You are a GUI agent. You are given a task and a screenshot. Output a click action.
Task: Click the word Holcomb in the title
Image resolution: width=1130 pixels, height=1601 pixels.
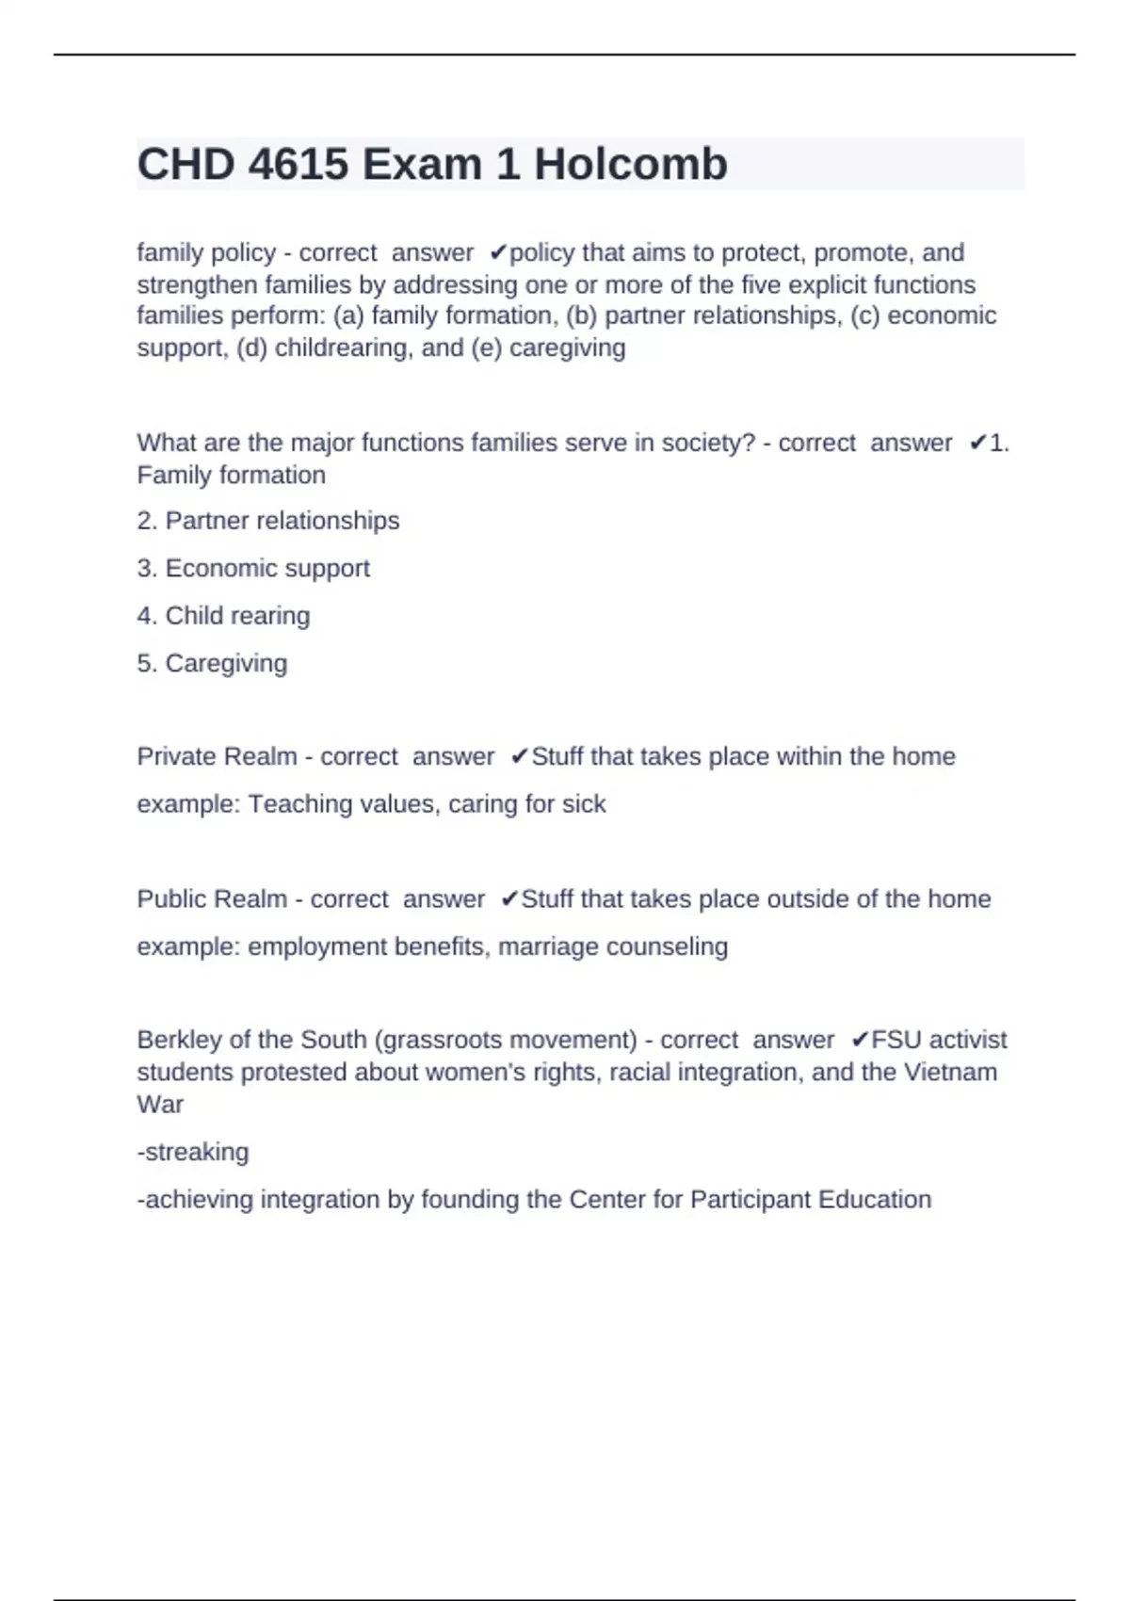point(630,165)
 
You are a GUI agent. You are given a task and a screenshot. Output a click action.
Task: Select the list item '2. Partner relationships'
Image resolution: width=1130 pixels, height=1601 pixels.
point(268,521)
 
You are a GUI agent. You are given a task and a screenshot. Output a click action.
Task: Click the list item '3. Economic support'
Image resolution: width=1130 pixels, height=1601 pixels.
point(253,569)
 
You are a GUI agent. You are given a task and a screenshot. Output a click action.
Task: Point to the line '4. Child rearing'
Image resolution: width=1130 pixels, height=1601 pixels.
point(223,616)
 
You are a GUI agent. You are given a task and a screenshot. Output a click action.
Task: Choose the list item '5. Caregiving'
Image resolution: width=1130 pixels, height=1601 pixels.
point(212,664)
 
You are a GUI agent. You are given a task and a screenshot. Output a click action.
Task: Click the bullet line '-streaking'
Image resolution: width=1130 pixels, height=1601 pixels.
point(193,1153)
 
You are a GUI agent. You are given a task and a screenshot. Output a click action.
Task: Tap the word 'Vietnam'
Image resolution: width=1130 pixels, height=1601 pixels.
point(950,1073)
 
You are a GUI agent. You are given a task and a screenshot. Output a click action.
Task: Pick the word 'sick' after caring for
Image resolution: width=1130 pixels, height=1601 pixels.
point(584,804)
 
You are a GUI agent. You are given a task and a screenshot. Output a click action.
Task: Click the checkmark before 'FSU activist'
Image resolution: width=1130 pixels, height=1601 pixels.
point(860,1041)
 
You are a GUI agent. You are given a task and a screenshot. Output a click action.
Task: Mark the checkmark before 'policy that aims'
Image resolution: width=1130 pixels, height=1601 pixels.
point(498,253)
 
